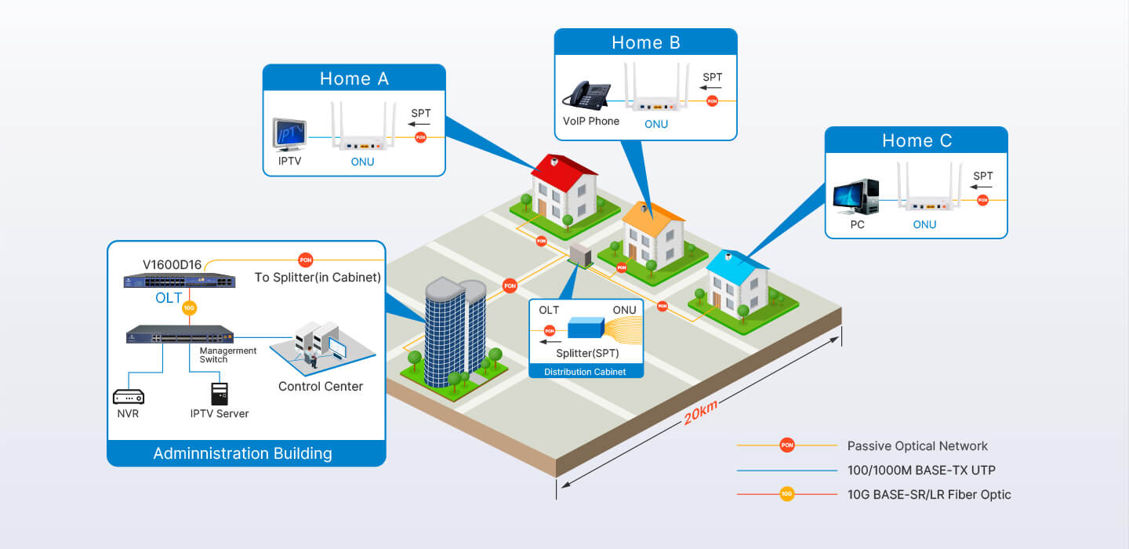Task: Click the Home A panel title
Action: (x=354, y=78)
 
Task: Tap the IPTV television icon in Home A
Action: (x=289, y=134)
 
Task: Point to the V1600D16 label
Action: (x=172, y=264)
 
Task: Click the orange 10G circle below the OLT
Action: (x=189, y=308)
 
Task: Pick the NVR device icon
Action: (x=128, y=396)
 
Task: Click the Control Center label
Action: (x=321, y=386)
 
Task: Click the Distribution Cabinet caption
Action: (x=585, y=372)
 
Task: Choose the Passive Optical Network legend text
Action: (x=917, y=445)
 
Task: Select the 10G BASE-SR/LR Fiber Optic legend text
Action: (x=929, y=494)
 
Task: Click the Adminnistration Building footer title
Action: (x=242, y=453)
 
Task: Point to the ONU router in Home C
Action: (x=929, y=192)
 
